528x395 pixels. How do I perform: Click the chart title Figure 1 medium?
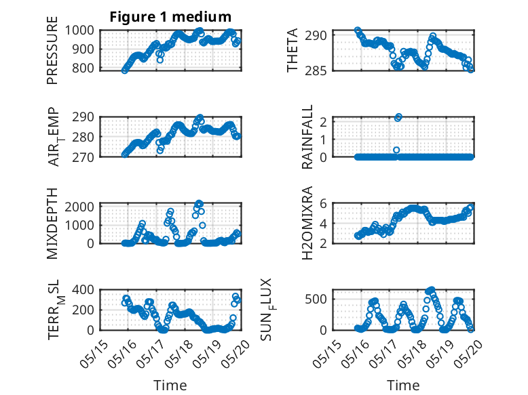pos(170,17)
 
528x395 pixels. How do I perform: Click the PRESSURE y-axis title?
pos(52,50)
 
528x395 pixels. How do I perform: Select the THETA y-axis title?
pos(293,50)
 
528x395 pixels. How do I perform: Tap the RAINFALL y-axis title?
pos(307,137)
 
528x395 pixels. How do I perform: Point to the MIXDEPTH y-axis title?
pos(52,224)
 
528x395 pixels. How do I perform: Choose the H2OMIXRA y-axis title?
pos(307,223)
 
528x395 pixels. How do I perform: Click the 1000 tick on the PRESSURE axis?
pos(79,30)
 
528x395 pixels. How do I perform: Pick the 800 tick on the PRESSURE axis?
pos(83,68)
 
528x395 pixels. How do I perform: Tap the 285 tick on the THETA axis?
pos(316,71)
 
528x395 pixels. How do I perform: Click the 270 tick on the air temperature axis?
pos(83,157)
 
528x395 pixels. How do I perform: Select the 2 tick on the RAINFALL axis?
pos(324,122)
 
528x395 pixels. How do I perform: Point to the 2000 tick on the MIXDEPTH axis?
pos(79,207)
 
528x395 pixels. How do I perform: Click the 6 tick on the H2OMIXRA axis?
pos(324,203)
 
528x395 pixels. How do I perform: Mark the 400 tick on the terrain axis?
pos(83,289)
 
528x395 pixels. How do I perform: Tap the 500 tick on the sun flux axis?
pos(316,299)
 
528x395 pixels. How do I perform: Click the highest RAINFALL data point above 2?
pos(399,117)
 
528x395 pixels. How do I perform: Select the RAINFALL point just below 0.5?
pos(396,150)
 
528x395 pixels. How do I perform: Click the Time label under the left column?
pos(170,386)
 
